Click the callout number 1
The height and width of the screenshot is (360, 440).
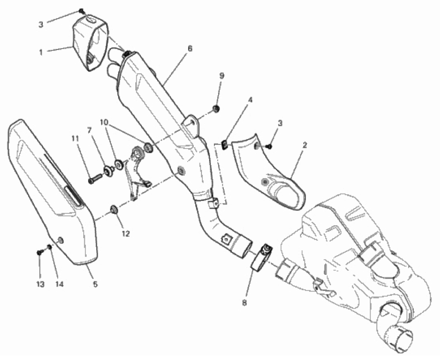point(41,52)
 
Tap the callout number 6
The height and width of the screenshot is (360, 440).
point(190,49)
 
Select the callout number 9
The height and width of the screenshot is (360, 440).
point(222,76)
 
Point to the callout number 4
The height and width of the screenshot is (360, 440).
point(250,100)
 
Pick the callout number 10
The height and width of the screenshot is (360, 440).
point(104,122)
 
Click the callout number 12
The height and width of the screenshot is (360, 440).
point(126,233)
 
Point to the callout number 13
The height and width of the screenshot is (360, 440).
point(40,284)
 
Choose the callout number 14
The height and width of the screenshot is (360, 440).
point(59,284)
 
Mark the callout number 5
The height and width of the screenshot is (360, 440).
point(95,284)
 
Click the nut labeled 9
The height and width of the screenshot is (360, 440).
point(216,108)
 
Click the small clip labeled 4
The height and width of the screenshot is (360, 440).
point(225,145)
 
